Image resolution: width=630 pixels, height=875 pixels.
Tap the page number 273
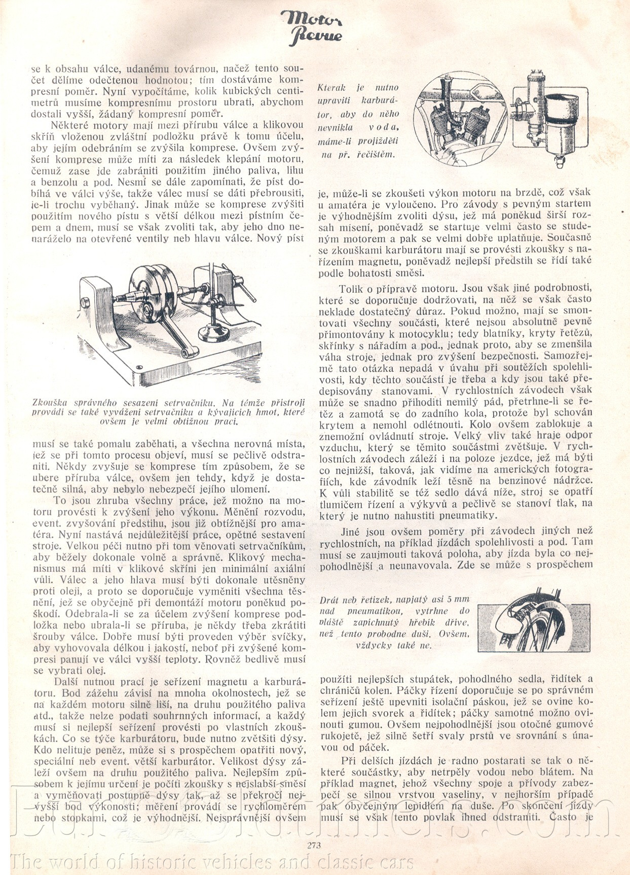tap(314, 845)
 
